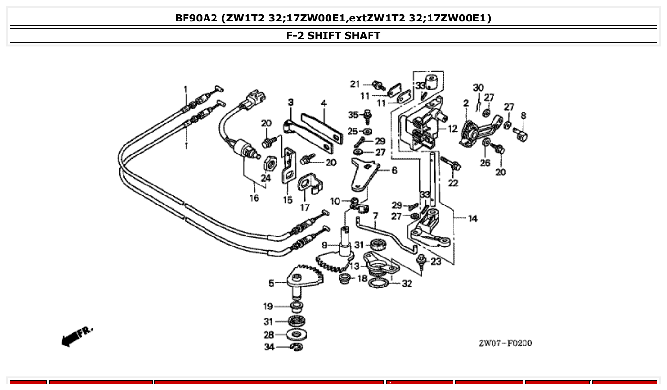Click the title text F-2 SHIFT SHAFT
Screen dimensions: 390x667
tap(333, 36)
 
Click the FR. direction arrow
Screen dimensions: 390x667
tap(77, 335)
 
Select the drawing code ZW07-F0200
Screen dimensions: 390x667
tap(505, 343)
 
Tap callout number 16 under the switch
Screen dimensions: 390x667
tap(254, 198)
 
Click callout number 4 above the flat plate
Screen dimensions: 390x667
tap(323, 103)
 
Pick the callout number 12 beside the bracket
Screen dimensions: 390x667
tap(452, 129)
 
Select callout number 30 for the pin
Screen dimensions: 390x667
tap(478, 88)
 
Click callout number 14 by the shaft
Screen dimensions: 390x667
tap(472, 219)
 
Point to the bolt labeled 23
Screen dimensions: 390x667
tap(421, 260)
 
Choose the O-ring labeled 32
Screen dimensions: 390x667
tap(379, 284)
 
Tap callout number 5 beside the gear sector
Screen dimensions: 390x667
tap(271, 283)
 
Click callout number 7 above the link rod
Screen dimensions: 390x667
tap(375, 216)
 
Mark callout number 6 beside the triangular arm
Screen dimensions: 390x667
tap(394, 170)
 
